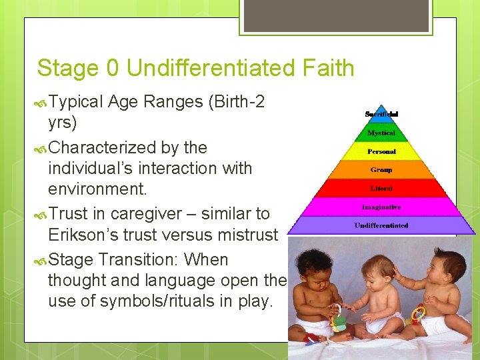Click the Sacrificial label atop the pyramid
pyautogui.click(x=381, y=114)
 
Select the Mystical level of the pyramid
pyautogui.click(x=381, y=133)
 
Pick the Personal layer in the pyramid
pyautogui.click(x=381, y=151)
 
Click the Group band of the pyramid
pyautogui.click(x=381, y=170)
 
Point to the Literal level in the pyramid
pyautogui.click(x=381, y=189)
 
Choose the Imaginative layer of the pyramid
pyautogui.click(x=381, y=207)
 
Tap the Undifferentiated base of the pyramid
pyautogui.click(x=381, y=225)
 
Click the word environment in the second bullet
pyautogui.click(x=95, y=189)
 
